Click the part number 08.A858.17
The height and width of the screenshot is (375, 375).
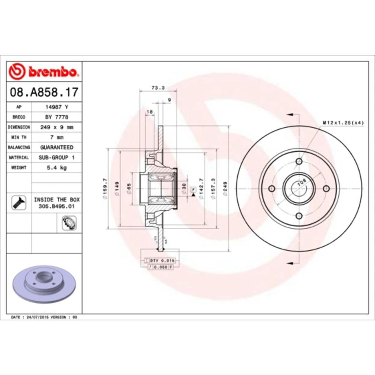(44, 92)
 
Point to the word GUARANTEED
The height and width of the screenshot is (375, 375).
(56, 147)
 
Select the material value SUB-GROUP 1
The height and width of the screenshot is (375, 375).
(56, 157)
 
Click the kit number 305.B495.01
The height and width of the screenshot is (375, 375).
(56, 207)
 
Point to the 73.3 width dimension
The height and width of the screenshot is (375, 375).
(158, 88)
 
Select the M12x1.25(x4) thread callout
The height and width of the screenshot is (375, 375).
(343, 123)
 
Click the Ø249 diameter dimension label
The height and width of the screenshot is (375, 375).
(225, 189)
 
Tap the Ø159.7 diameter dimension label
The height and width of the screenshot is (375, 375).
(105, 189)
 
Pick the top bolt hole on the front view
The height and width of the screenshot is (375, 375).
(299, 161)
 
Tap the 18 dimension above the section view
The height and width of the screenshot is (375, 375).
(149, 112)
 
